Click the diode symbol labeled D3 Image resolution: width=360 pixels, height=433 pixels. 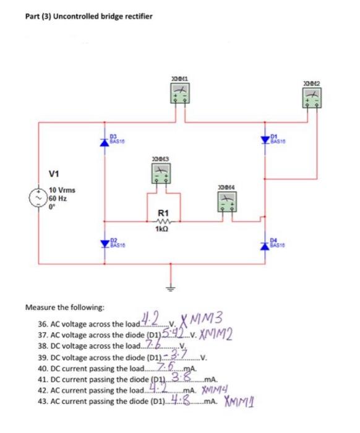coord(104,140)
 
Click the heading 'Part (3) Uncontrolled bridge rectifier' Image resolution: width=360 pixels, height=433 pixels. coord(88,16)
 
